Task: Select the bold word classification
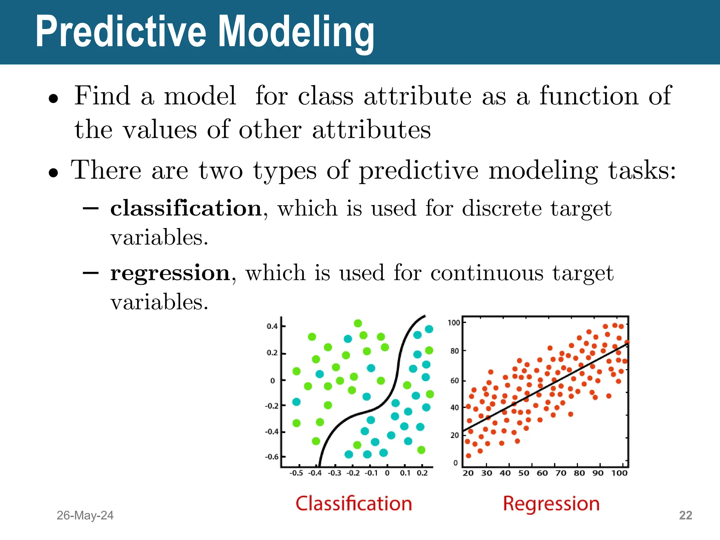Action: [186, 208]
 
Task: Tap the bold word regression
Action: [170, 273]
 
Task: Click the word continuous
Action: [487, 273]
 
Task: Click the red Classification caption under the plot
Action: [354, 503]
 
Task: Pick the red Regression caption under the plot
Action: [551, 503]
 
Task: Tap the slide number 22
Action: [685, 515]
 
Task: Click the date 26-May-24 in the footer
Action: [85, 515]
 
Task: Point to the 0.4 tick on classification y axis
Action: [272, 326]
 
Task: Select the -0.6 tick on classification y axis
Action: [271, 457]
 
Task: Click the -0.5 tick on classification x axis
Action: [296, 473]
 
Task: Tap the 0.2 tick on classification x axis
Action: [422, 473]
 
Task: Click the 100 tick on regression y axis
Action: [454, 323]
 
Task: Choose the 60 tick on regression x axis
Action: [542, 473]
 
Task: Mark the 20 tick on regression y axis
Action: [455, 435]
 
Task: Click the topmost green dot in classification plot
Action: [358, 323]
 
